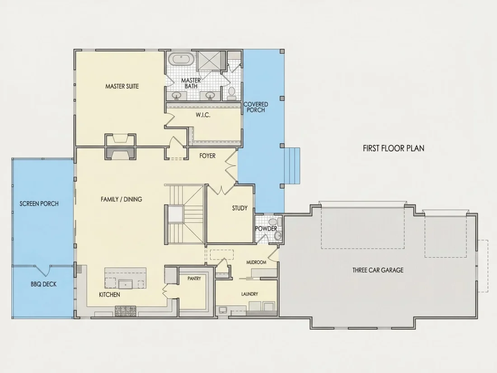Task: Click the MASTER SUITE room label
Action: [x=122, y=86]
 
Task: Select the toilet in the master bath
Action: [x=232, y=91]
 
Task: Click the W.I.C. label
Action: [x=203, y=115]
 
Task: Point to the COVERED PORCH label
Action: [x=256, y=107]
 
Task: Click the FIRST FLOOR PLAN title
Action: [x=394, y=148]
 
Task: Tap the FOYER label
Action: [x=207, y=156]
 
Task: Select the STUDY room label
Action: [x=239, y=208]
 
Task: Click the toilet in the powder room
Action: [x=272, y=222]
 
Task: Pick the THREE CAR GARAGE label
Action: [x=378, y=270]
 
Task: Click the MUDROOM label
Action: [x=256, y=262]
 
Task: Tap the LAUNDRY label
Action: [x=249, y=294]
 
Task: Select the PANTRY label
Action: [x=194, y=279]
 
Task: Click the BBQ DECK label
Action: [x=44, y=284]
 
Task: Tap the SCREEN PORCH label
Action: [x=39, y=203]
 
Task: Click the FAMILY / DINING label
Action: [x=122, y=199]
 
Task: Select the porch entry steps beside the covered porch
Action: [x=292, y=165]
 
